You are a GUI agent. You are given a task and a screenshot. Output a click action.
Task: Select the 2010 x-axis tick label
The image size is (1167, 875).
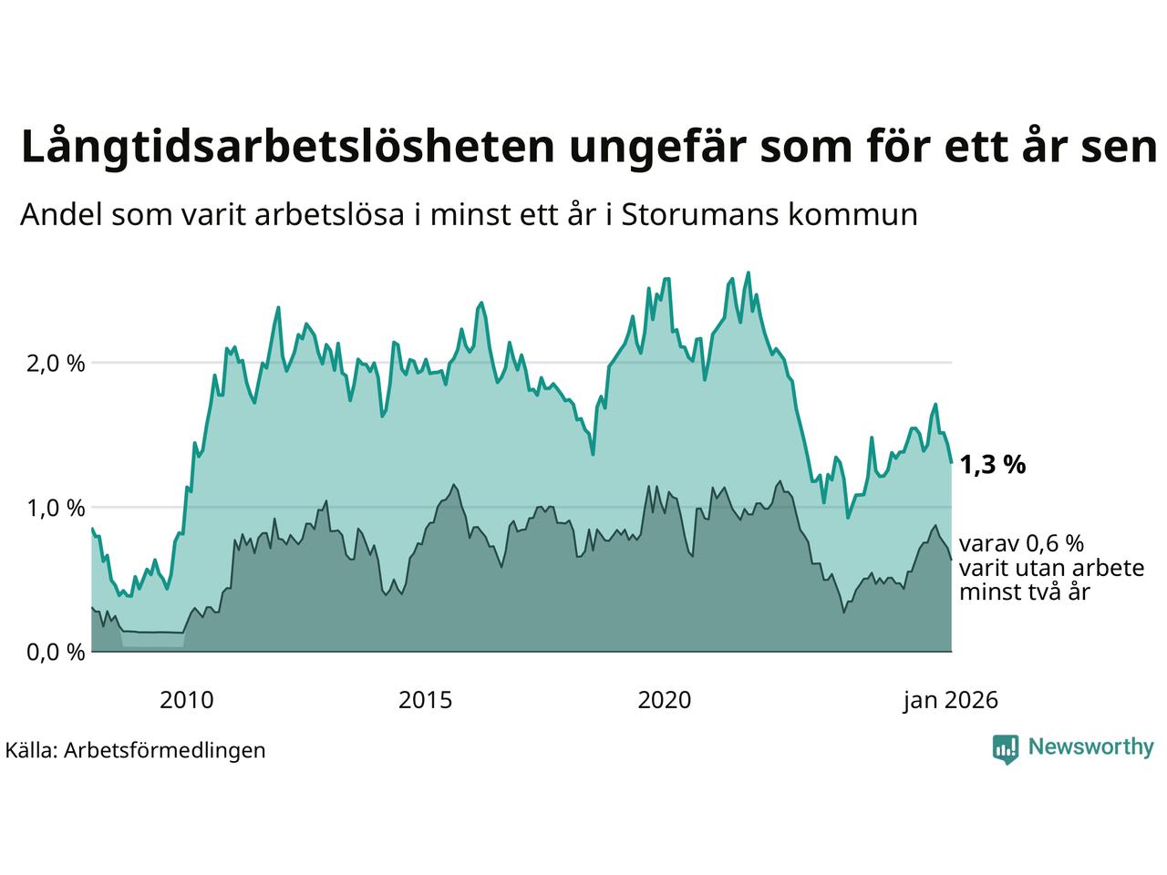pyautogui.click(x=186, y=701)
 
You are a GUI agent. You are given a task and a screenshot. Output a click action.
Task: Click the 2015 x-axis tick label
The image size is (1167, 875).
pyautogui.click(x=425, y=701)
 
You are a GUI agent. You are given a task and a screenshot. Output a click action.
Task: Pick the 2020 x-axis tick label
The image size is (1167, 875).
pyautogui.click(x=664, y=701)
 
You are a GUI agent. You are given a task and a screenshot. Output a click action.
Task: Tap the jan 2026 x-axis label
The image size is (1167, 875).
pyautogui.click(x=950, y=701)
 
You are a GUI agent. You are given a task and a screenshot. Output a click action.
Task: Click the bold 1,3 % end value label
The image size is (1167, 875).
pyautogui.click(x=992, y=465)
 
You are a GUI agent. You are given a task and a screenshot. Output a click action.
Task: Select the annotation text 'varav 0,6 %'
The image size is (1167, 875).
pyautogui.click(x=1021, y=544)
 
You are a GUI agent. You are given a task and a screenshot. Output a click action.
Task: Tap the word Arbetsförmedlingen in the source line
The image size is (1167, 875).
pyautogui.click(x=165, y=750)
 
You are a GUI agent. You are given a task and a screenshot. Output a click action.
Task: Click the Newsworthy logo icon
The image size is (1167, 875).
pyautogui.click(x=1005, y=748)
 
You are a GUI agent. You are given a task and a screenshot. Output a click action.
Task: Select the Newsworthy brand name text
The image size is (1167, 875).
pyautogui.click(x=1090, y=747)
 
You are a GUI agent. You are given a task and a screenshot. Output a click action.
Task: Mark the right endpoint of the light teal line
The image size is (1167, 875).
pyautogui.click(x=951, y=463)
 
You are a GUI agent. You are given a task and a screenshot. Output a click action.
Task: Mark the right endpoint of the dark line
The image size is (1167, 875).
pyautogui.click(x=951, y=560)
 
